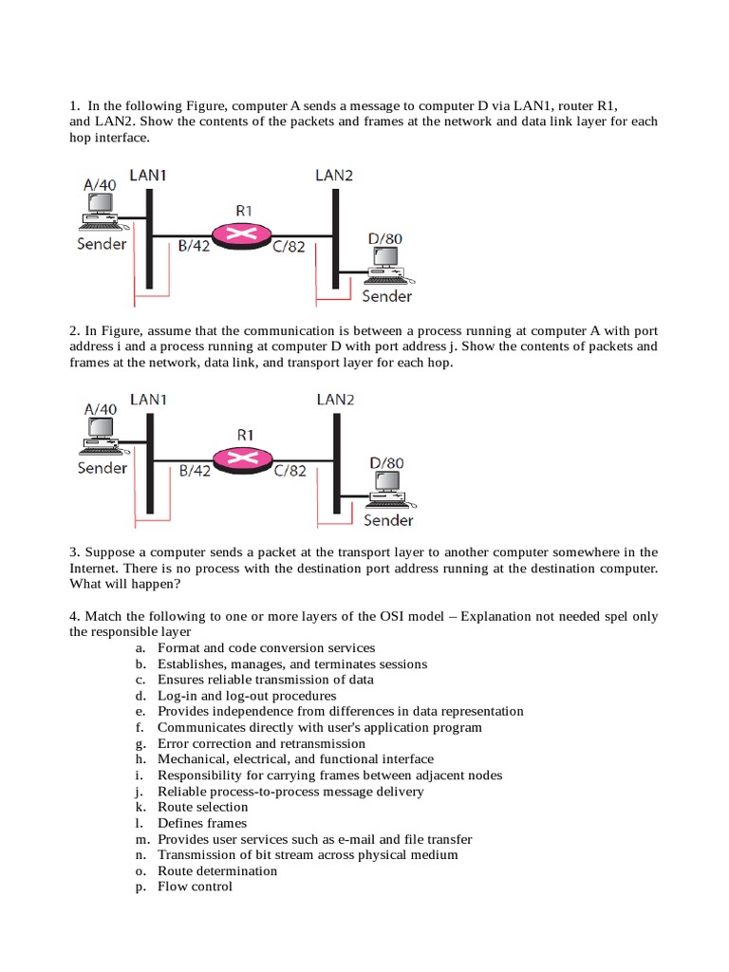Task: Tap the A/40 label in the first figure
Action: point(100,184)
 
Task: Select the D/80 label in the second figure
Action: point(385,463)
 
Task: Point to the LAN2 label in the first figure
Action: point(334,175)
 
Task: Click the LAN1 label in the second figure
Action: point(149,400)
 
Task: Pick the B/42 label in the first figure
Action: point(195,247)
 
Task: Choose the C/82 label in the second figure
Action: point(290,470)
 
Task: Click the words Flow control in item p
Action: point(195,887)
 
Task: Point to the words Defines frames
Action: point(202,823)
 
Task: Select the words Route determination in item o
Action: point(217,870)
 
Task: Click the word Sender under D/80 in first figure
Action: point(387,297)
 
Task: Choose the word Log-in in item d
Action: point(178,696)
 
